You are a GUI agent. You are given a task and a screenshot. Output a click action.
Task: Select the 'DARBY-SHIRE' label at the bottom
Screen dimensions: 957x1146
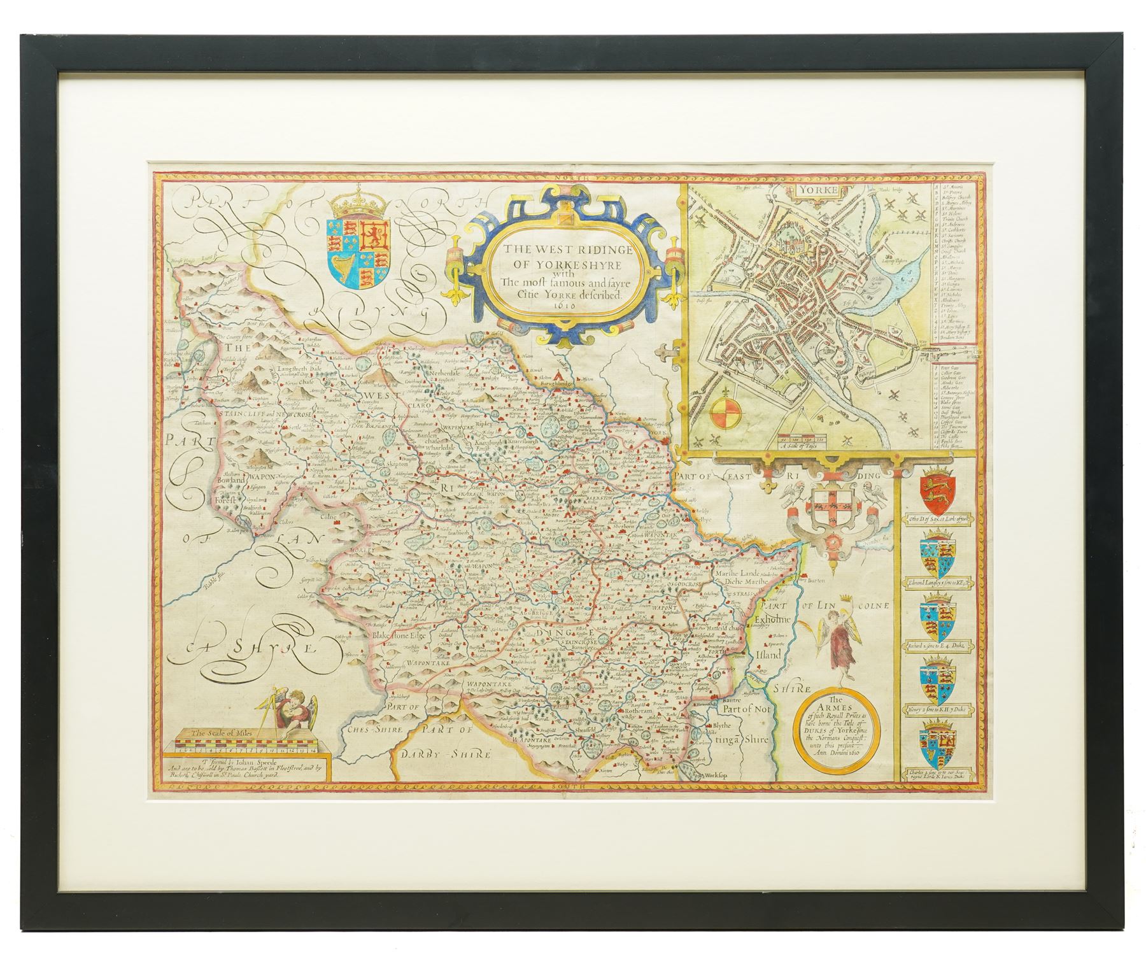tap(444, 755)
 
